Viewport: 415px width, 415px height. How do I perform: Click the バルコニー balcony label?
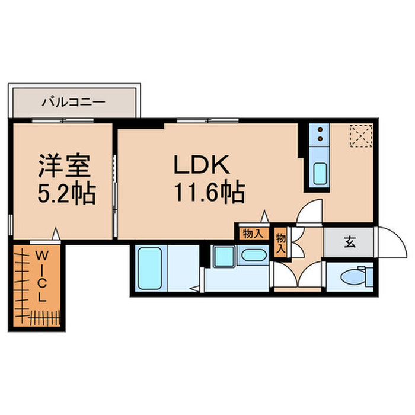(x=74, y=102)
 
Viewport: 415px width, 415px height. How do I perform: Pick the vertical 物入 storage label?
(x=280, y=243)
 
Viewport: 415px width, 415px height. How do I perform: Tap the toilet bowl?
(x=354, y=276)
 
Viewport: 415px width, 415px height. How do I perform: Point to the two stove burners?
(x=320, y=133)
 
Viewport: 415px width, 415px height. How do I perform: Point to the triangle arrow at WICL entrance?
(x=55, y=235)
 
